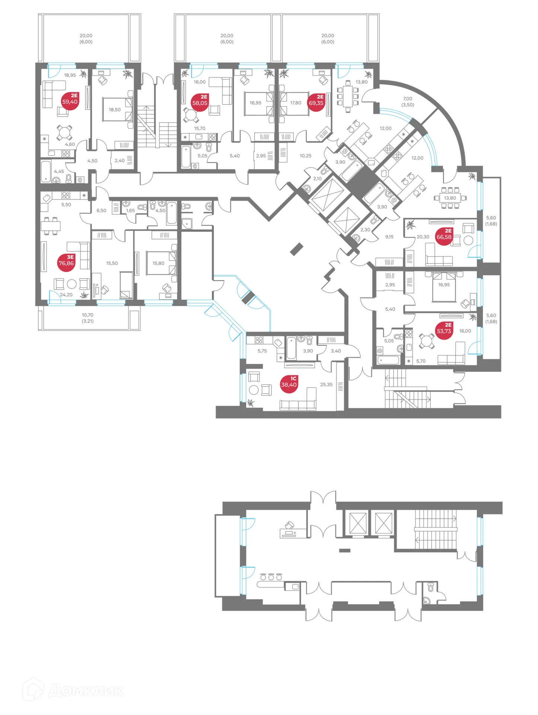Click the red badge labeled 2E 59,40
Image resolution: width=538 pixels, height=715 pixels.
tap(70, 101)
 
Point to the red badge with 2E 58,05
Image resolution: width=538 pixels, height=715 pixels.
tap(200, 102)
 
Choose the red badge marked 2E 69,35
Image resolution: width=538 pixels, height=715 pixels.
tap(316, 102)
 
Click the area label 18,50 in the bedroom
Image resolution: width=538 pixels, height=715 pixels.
tap(115, 109)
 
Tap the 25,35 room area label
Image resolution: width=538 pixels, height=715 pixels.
tap(326, 384)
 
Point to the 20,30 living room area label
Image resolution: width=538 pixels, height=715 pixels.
tap(423, 236)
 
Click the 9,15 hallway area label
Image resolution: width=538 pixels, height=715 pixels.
tap(389, 236)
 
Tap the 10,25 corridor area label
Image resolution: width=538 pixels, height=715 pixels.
tap(305, 156)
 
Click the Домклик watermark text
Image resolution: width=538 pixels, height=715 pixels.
tap(86, 691)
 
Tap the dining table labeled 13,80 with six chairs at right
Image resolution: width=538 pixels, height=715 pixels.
tap(450, 198)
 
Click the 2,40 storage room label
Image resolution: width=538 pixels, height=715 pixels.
tap(120, 161)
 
